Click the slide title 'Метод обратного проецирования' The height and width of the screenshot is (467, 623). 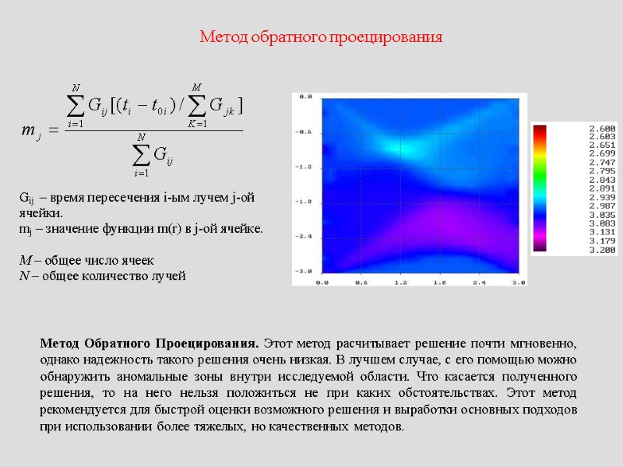[x=321, y=37]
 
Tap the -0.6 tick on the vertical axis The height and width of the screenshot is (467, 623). [x=304, y=132]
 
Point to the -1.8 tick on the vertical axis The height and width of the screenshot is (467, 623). [x=304, y=201]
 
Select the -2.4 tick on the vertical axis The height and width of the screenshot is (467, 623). [x=304, y=235]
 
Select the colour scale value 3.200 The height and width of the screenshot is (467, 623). [x=603, y=250]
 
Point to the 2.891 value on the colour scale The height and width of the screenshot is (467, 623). [x=603, y=188]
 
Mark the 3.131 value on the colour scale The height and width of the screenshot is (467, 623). [x=603, y=231]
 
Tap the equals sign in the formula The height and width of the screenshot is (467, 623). [x=54, y=130]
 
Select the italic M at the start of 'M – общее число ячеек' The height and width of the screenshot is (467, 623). [x=23, y=260]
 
